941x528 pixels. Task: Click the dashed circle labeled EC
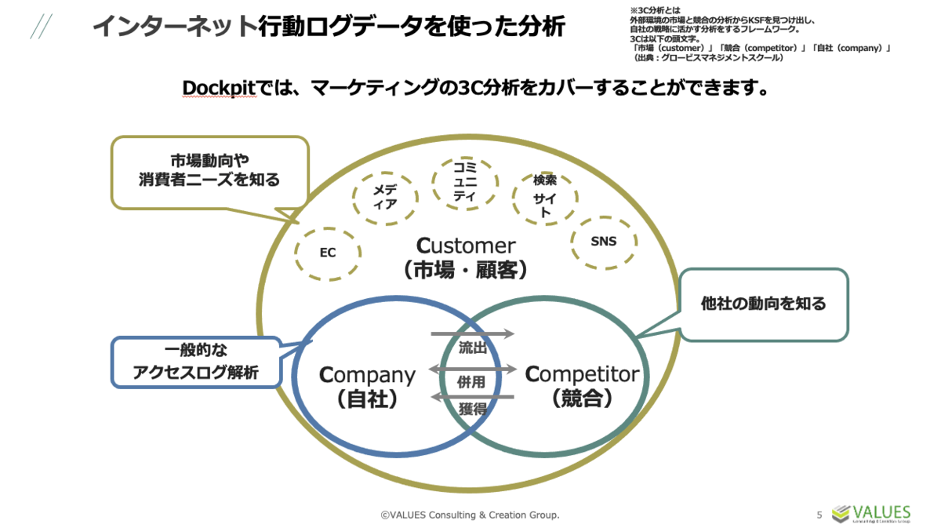coord(328,253)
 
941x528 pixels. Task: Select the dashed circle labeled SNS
coord(603,241)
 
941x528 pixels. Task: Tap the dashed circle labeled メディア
coord(384,197)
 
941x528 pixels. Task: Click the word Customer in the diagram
coord(465,246)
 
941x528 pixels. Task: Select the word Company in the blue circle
coord(367,374)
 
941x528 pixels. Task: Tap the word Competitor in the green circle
coord(582,374)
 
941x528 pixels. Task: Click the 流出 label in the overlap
coord(472,348)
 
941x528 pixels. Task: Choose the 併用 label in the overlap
coord(472,382)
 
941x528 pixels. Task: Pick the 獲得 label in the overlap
coord(472,408)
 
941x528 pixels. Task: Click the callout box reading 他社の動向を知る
coord(763,304)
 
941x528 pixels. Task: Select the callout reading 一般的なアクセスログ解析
coord(196,362)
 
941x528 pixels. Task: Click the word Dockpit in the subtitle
coord(220,87)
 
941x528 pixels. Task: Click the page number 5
coord(819,515)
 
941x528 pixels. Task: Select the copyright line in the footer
coord(470,515)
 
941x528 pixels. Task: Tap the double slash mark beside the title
coord(41,27)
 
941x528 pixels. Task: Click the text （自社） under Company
coord(367,399)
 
